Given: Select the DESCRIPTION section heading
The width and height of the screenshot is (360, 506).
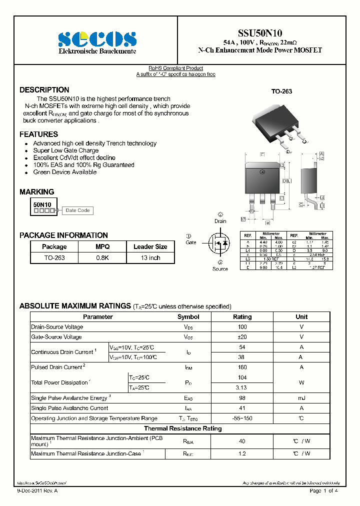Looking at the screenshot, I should pos(44,90).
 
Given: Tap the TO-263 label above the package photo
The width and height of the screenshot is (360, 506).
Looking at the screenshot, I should pos(281,91).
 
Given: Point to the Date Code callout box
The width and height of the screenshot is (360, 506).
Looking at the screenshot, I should pos(77,210).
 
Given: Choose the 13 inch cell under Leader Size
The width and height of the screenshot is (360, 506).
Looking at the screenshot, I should pos(150,258).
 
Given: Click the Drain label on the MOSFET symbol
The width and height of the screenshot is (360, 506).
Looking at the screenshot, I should pos(220,221).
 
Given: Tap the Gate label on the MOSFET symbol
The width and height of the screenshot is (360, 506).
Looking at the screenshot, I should pos(191,242).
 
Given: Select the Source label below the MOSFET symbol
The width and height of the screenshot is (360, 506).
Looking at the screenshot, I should pos(220,269).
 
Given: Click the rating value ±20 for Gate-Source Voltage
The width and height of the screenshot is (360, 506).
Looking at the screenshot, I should pos(242,337).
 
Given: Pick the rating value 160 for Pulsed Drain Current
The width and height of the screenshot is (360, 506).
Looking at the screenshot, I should pos(242,367).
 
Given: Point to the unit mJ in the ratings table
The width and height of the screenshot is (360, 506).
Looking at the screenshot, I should pos(301,398).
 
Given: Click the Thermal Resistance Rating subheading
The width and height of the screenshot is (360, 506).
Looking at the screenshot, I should pos(182,428).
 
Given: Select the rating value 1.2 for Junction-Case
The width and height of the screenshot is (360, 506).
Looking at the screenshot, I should pos(242,453).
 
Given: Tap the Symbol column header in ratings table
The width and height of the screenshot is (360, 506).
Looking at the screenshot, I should pos(188,316).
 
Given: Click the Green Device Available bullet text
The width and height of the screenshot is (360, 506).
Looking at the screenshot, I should pos(65,172).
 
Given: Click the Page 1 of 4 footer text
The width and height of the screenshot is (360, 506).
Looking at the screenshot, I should pos(324,491).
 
